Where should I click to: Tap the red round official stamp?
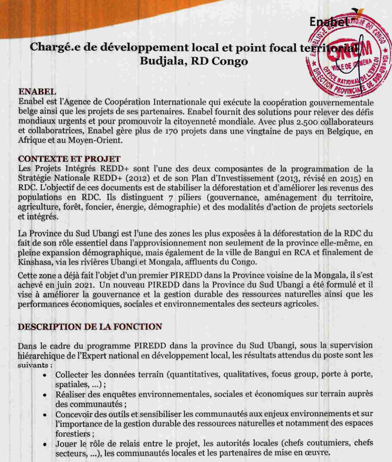346,61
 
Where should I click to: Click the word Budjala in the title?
163,61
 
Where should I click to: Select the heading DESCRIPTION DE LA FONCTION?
90,326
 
